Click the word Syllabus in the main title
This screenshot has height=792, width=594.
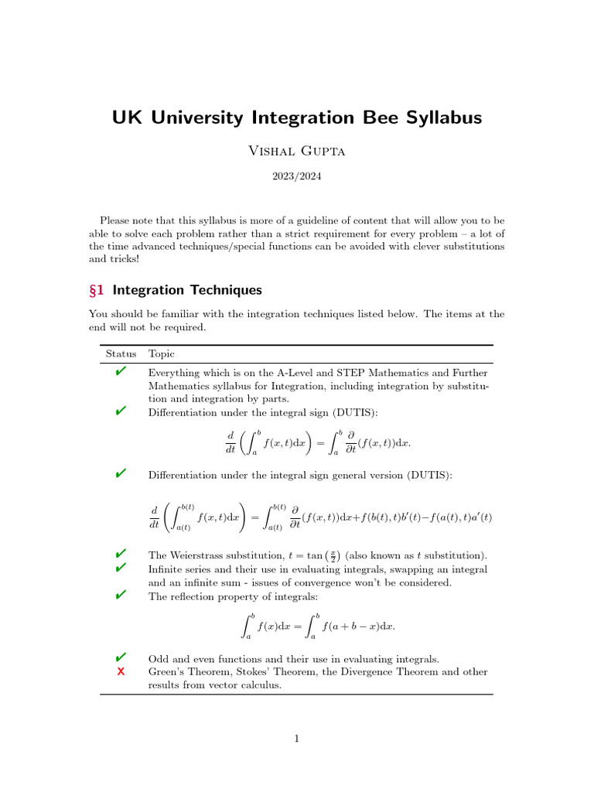439,118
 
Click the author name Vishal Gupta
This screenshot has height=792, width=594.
296,151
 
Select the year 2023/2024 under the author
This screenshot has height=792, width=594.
296,176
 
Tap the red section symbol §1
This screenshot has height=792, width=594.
97,290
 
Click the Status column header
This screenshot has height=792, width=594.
121,353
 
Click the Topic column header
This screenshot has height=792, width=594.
162,353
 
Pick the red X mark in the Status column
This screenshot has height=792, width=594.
121,671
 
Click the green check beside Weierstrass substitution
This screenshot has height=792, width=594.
121,555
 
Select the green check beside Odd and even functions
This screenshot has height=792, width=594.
121,658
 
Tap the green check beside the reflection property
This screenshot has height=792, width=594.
121,595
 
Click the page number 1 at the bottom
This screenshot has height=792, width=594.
296,739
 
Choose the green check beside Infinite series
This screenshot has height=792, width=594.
121,568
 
